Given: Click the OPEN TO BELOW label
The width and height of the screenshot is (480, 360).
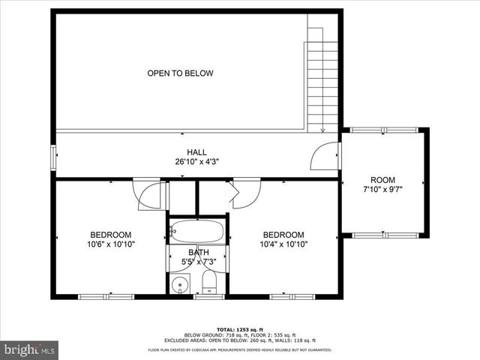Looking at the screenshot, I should pyautogui.click(x=180, y=73).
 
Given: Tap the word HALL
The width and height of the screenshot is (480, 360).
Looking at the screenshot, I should pyautogui.click(x=196, y=152).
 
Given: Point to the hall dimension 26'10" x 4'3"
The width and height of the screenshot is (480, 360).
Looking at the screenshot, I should pyautogui.click(x=196, y=161).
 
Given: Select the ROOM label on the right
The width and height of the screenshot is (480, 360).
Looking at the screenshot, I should pyautogui.click(x=382, y=180).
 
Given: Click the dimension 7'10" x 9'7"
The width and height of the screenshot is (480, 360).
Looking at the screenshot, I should pyautogui.click(x=382, y=190).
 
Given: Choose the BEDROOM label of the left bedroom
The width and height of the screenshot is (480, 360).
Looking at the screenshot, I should pyautogui.click(x=111, y=234).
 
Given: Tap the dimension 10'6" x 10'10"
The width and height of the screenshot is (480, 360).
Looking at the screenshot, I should pyautogui.click(x=111, y=244).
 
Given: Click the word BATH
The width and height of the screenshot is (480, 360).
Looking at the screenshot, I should pyautogui.click(x=197, y=252).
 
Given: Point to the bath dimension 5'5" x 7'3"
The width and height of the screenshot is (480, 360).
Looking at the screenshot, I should pyautogui.click(x=197, y=262).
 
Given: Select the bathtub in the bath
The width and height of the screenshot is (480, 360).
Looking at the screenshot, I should pyautogui.click(x=196, y=231).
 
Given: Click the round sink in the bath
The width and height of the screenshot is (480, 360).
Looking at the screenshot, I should pyautogui.click(x=180, y=285).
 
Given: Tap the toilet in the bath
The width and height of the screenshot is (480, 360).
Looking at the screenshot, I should pyautogui.click(x=209, y=283).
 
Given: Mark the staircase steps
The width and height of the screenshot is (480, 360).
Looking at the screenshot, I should pyautogui.click(x=316, y=75).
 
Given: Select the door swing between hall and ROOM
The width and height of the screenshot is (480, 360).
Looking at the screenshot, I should pyautogui.click(x=324, y=156).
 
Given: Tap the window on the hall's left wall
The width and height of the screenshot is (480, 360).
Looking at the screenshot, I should pyautogui.click(x=52, y=156).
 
